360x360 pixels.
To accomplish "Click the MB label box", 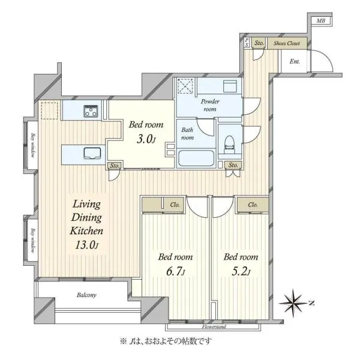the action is [x=322, y=20].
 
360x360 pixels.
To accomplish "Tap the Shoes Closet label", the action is [x=287, y=43].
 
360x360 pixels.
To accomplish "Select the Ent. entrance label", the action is [x=295, y=61].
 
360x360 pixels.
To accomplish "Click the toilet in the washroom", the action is [x=229, y=145].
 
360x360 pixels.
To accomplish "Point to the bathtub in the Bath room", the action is [x=196, y=158].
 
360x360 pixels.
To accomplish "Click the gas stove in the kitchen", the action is [x=91, y=111].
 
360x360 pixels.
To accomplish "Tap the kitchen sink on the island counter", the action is [x=92, y=153].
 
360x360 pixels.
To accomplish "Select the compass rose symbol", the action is [x=293, y=303].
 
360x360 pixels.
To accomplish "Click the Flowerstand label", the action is [x=214, y=326].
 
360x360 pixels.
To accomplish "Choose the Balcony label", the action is [x=86, y=295].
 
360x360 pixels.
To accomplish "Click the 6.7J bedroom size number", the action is [x=175, y=272].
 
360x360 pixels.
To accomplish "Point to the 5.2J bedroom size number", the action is [x=241, y=272].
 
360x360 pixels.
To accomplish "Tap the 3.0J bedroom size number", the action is [x=146, y=139].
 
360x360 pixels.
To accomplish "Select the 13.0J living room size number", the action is [x=87, y=245].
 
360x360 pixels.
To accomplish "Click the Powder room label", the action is [x=210, y=105].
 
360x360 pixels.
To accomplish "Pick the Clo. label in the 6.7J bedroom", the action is [x=175, y=205].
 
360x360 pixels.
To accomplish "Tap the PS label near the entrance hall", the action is [x=247, y=43].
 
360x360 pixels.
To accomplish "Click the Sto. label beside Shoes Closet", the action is [x=259, y=43].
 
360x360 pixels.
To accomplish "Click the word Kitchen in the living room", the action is [x=86, y=231].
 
